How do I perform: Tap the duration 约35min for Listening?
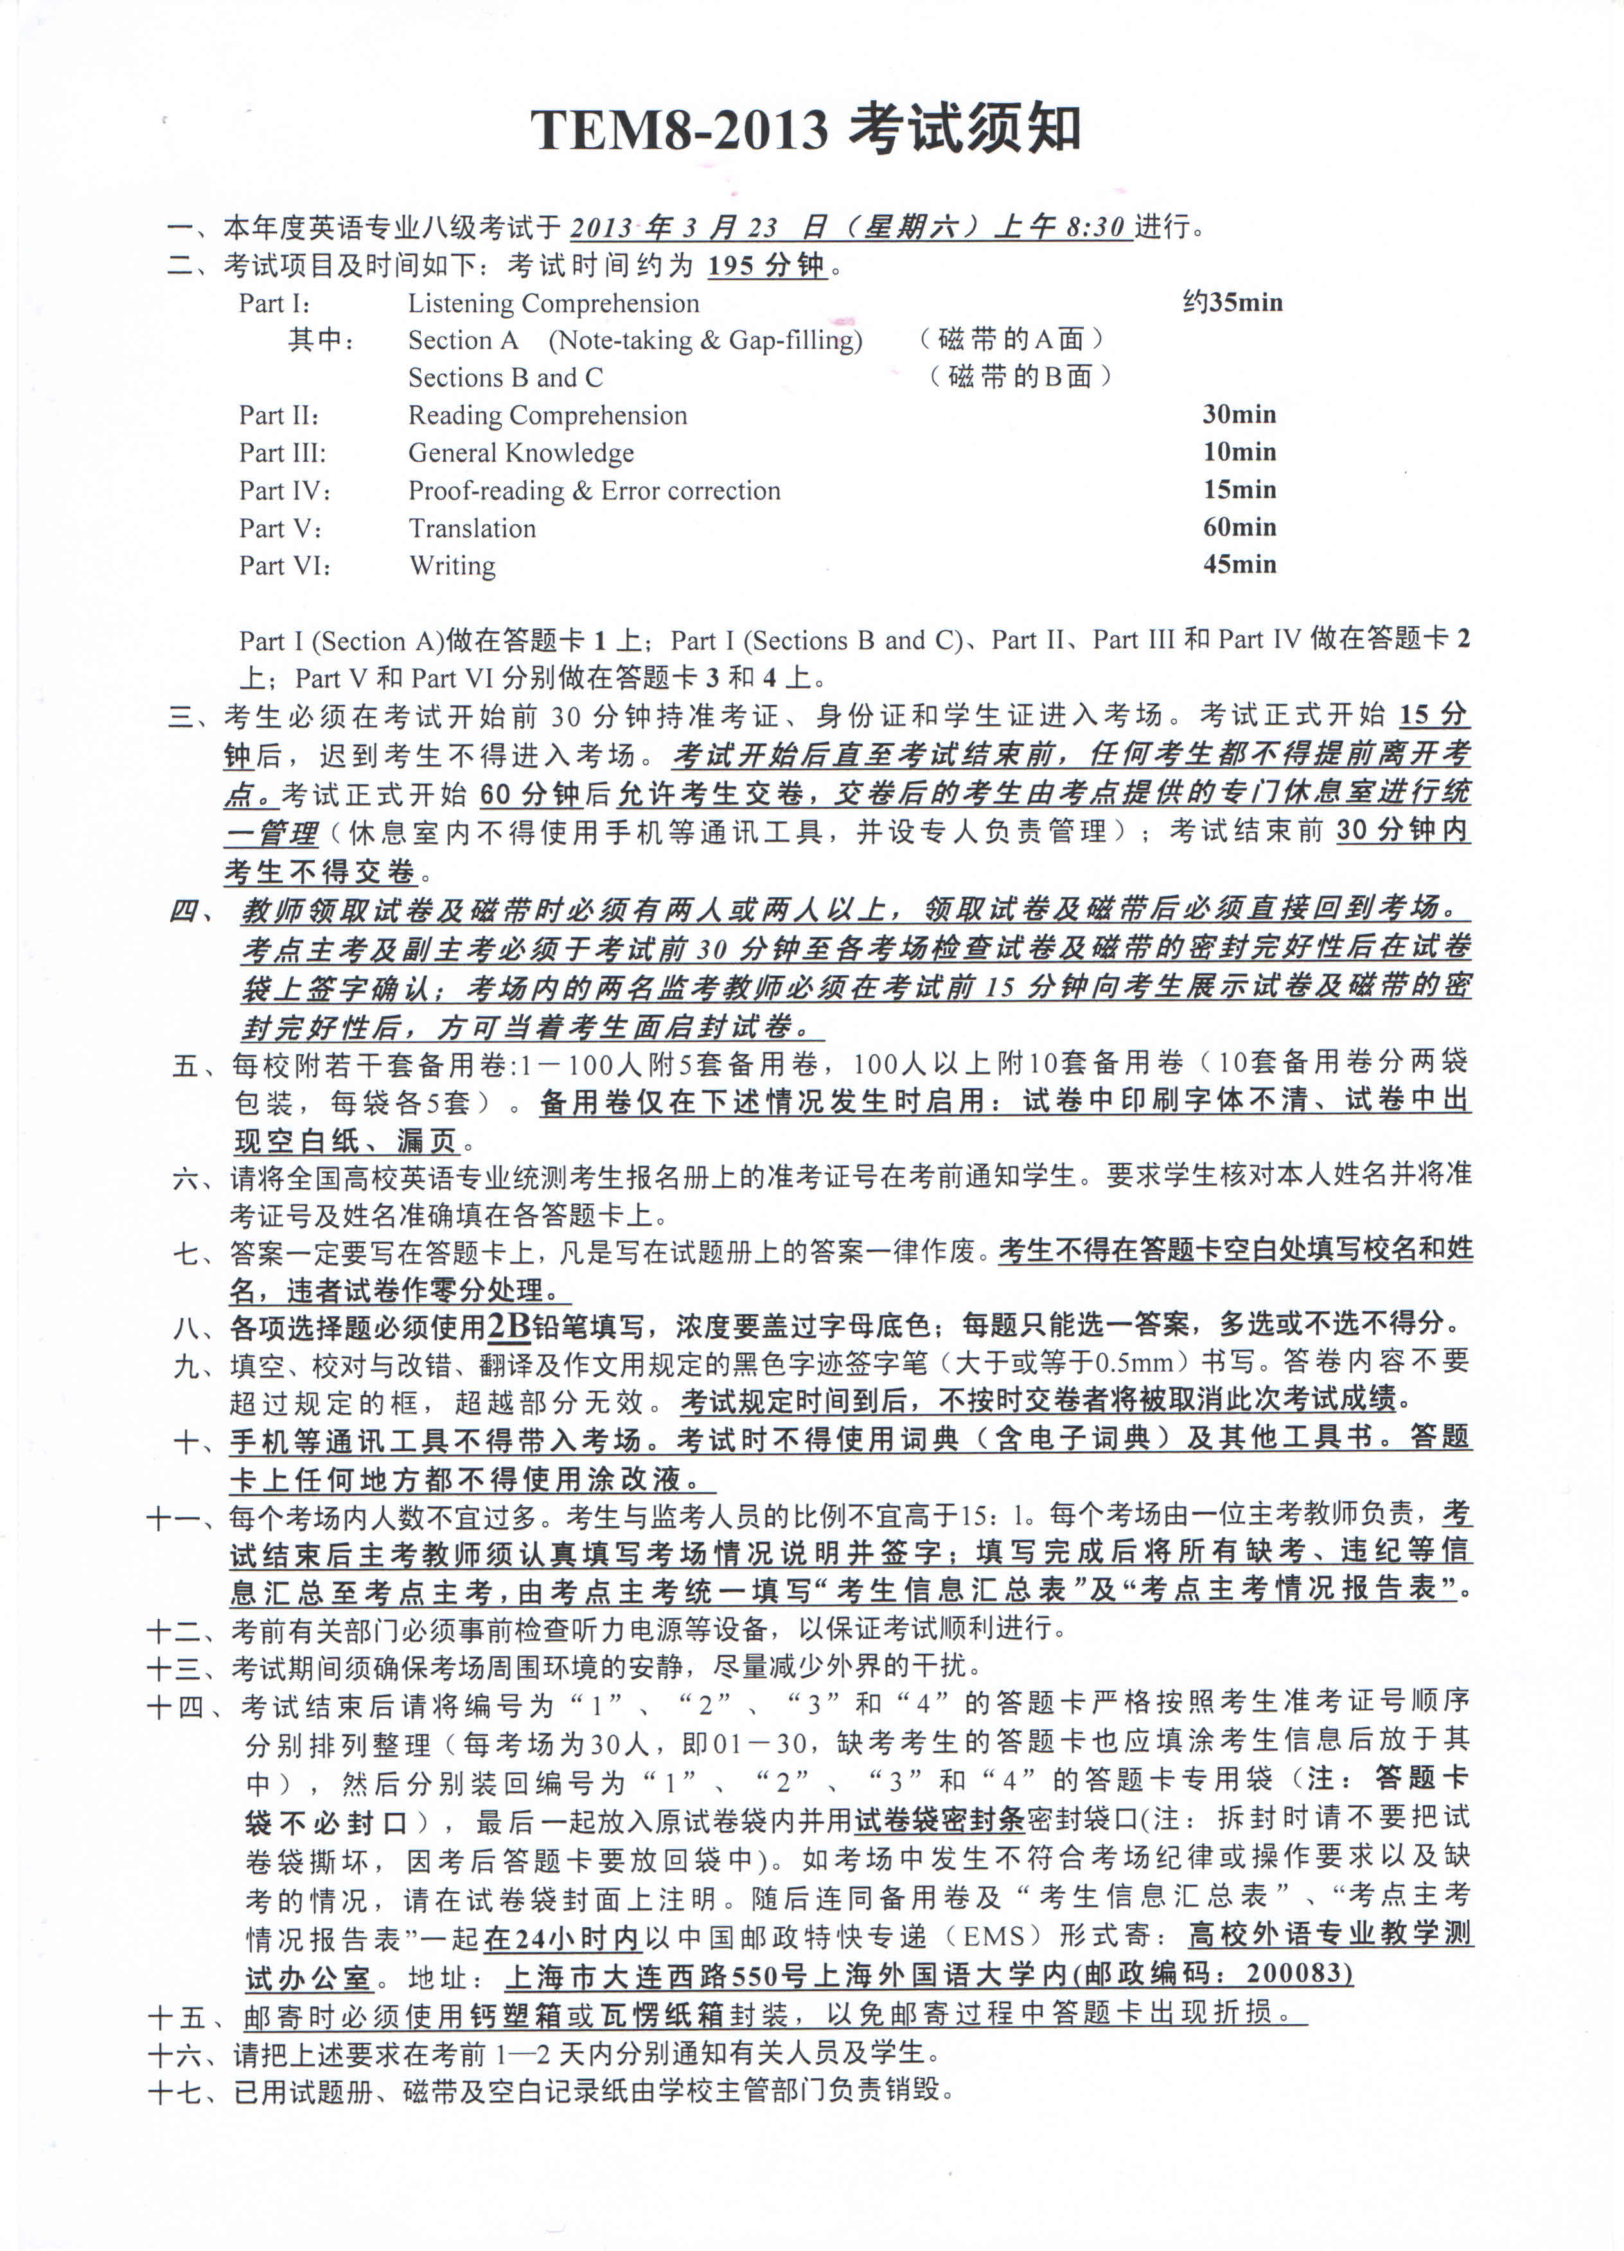point(1232,302)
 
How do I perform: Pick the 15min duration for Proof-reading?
point(1239,490)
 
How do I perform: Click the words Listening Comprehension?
point(553,304)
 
